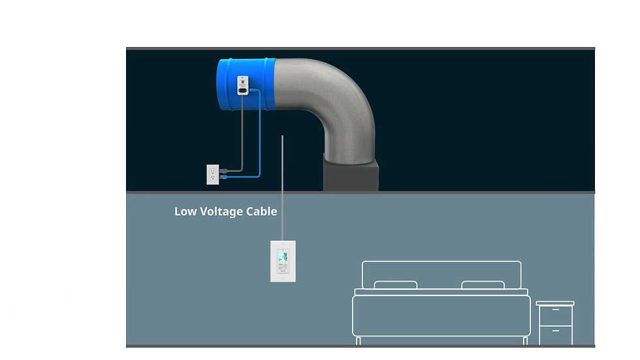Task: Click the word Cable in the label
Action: pos(261,212)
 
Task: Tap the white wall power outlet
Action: pos(212,174)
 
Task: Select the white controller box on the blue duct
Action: pos(242,86)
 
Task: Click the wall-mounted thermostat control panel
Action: pos(283,261)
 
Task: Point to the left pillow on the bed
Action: pos(395,285)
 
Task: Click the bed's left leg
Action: pos(359,340)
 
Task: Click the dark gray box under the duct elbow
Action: pos(351,175)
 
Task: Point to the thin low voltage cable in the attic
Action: pos(282,163)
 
